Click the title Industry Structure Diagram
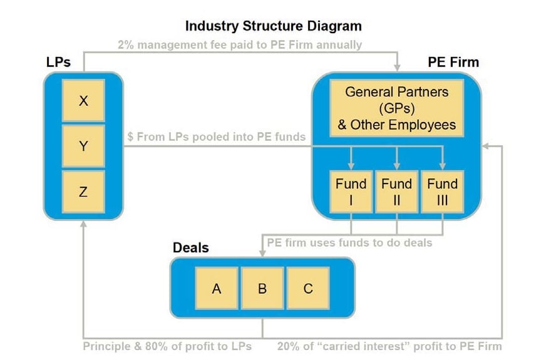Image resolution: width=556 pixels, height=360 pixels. [274, 26]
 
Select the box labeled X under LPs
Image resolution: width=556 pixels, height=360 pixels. [83, 100]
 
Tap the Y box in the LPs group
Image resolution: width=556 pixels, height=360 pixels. [83, 147]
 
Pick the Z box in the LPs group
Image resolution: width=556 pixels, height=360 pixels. [83, 192]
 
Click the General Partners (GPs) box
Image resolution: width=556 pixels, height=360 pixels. [397, 108]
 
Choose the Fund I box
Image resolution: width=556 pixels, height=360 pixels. [351, 192]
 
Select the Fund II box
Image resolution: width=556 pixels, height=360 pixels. [397, 192]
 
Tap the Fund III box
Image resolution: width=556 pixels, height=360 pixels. [443, 192]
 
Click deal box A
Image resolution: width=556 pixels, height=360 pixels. [217, 289]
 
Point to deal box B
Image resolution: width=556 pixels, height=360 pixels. [262, 289]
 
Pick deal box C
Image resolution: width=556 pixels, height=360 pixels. [308, 289]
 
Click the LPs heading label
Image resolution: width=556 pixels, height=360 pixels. [58, 62]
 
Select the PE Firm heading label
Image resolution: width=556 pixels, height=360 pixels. [453, 62]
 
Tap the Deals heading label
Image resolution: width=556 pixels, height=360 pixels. [190, 248]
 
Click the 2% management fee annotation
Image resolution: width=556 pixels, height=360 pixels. [240, 45]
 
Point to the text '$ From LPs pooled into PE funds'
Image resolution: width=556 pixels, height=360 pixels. [217, 136]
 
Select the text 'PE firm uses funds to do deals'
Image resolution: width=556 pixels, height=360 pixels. [349, 242]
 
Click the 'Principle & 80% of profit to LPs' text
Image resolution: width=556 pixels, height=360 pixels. [167, 346]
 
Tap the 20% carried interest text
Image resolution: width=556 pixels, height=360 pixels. [389, 346]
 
